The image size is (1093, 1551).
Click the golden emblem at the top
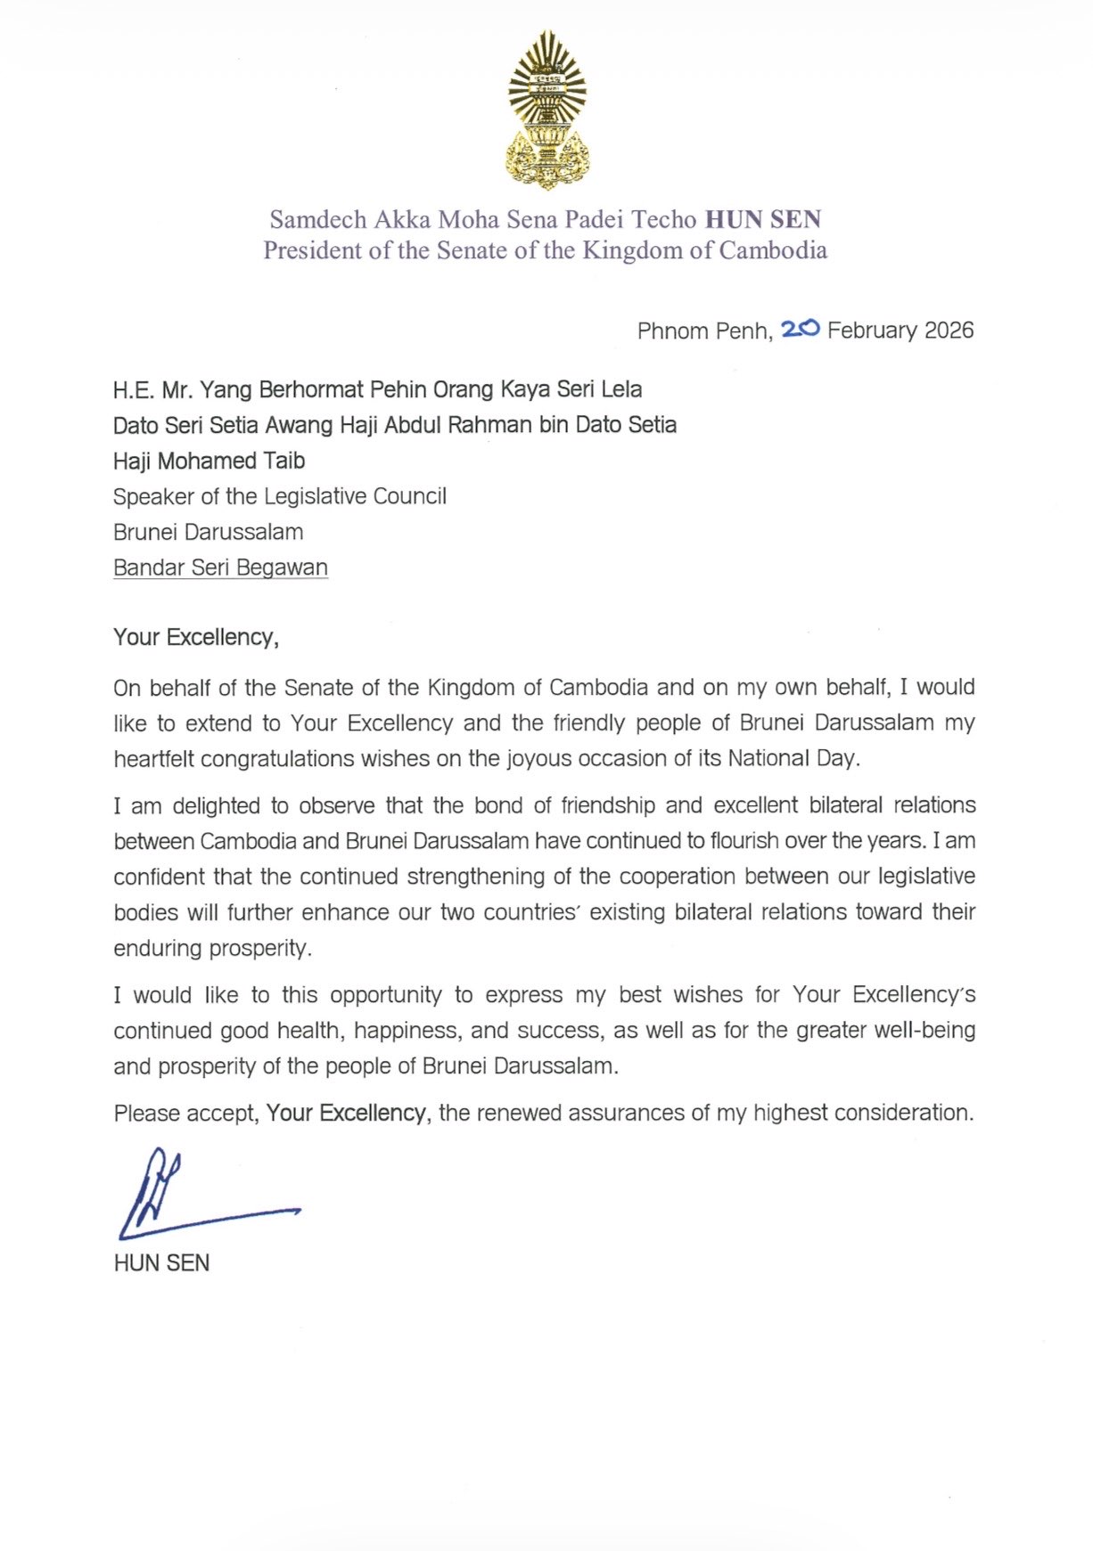[546, 110]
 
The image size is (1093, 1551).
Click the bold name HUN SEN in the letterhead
[763, 219]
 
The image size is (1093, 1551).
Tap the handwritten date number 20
[800, 330]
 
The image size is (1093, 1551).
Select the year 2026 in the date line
[949, 331]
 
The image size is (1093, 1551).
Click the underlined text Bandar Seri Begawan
[220, 567]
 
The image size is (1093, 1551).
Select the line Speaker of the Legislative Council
[279, 496]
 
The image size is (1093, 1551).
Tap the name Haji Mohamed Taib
[209, 461]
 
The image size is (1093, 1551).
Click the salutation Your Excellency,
[195, 637]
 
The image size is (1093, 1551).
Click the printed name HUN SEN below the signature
[161, 1263]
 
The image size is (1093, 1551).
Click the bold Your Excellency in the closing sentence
[346, 1113]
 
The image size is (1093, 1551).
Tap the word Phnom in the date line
[668, 331]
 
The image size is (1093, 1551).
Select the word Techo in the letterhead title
[664, 219]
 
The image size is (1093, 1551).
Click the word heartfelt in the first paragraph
[153, 759]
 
